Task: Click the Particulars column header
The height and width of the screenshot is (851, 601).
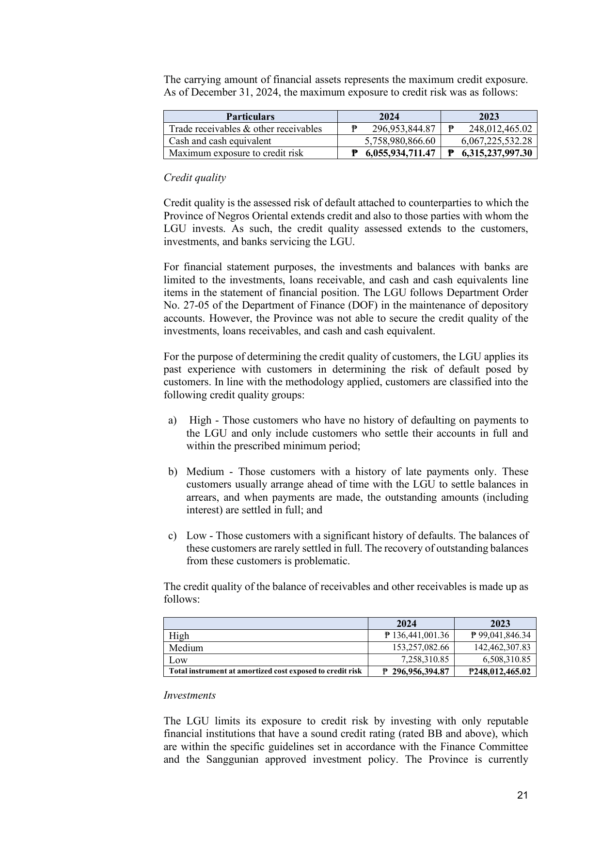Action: click(x=250, y=116)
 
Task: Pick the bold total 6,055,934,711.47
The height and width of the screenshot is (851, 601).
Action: click(x=400, y=153)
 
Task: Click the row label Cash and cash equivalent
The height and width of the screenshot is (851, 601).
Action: click(x=220, y=141)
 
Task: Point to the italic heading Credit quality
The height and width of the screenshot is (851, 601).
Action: click(x=195, y=178)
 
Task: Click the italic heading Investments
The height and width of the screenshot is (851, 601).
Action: click(x=190, y=695)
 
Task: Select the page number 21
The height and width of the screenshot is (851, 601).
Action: click(x=522, y=795)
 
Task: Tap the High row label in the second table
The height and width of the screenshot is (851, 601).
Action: click(x=179, y=636)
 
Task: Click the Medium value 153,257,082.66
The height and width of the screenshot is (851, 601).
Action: click(x=420, y=648)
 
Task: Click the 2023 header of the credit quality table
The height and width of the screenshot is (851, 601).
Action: click(x=500, y=623)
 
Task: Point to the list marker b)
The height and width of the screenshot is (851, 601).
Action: click(x=173, y=472)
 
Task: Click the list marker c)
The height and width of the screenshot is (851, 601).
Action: click(x=173, y=536)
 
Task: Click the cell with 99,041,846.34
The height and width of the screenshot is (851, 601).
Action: click(x=501, y=636)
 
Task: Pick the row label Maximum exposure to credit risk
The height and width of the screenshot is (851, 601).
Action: click(x=236, y=153)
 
